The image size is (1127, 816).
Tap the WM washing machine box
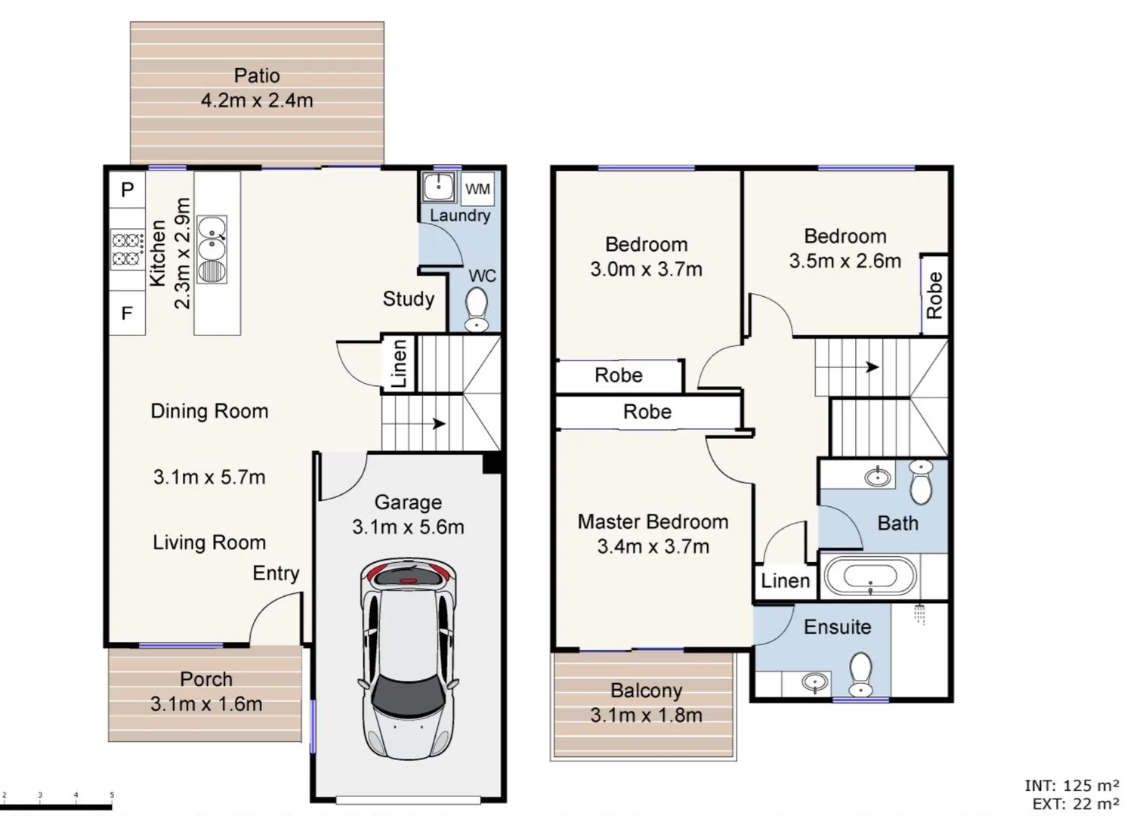(477, 189)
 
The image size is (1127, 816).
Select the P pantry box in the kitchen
(127, 190)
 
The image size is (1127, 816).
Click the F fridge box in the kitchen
(127, 312)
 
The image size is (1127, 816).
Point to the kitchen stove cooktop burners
(128, 250)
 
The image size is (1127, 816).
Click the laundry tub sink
(438, 187)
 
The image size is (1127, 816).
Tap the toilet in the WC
(476, 311)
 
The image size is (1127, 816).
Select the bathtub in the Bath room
(869, 577)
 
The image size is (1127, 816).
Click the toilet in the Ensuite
(860, 673)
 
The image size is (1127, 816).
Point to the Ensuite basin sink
(814, 683)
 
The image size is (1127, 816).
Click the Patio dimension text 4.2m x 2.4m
(257, 100)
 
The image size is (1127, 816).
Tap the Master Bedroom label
(653, 522)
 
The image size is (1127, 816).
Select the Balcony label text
(646, 691)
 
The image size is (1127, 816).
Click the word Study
(408, 299)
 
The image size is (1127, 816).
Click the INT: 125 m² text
(1071, 786)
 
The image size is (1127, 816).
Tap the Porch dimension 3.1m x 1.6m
(206, 704)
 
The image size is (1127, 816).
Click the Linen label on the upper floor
(785, 581)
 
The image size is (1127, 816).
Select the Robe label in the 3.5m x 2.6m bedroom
(934, 295)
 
